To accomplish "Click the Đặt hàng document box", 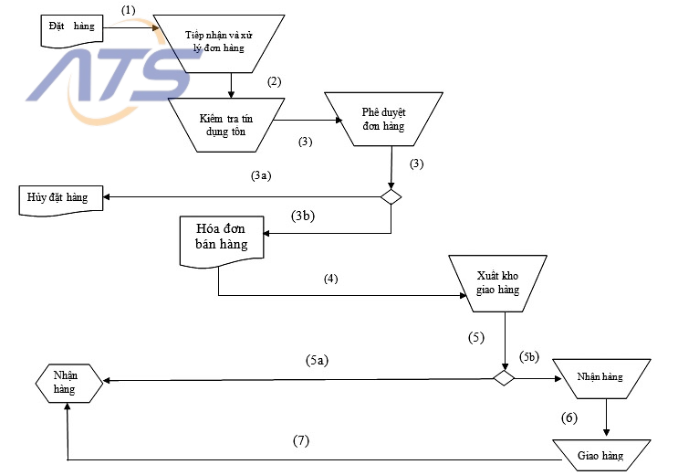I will click(70, 29).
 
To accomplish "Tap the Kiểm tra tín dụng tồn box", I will click(222, 124).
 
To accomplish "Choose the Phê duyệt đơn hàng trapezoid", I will click(391, 119).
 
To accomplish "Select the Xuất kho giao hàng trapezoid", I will click(497, 282).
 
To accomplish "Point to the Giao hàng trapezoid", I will click(600, 453).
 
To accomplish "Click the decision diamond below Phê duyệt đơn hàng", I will click(391, 196).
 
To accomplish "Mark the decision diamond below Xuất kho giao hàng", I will click(504, 377).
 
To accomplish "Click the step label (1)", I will click(128, 9).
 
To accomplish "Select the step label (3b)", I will click(305, 216).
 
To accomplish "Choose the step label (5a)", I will click(316, 361).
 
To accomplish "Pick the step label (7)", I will click(301, 440).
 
